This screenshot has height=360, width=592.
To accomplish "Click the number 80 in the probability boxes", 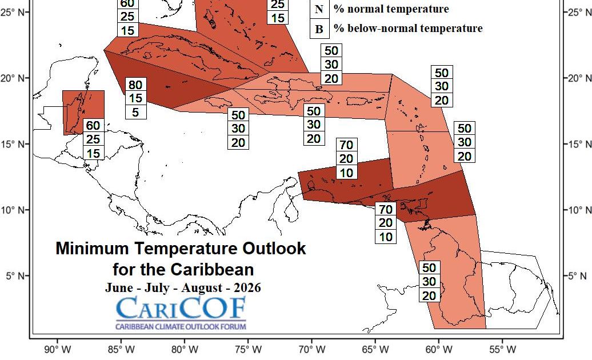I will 135,85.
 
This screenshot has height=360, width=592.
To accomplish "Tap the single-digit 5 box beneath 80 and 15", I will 135,112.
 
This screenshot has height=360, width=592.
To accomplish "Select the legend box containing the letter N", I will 318,9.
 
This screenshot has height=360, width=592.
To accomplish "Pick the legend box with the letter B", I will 318,29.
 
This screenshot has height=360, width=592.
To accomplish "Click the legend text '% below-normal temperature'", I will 408,28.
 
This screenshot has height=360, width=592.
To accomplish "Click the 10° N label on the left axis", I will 14,210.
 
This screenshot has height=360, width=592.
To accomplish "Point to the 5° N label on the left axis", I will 16,276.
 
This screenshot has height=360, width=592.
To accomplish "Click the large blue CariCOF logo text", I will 181,309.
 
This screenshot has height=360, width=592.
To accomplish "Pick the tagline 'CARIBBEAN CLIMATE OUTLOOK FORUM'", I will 181,327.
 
